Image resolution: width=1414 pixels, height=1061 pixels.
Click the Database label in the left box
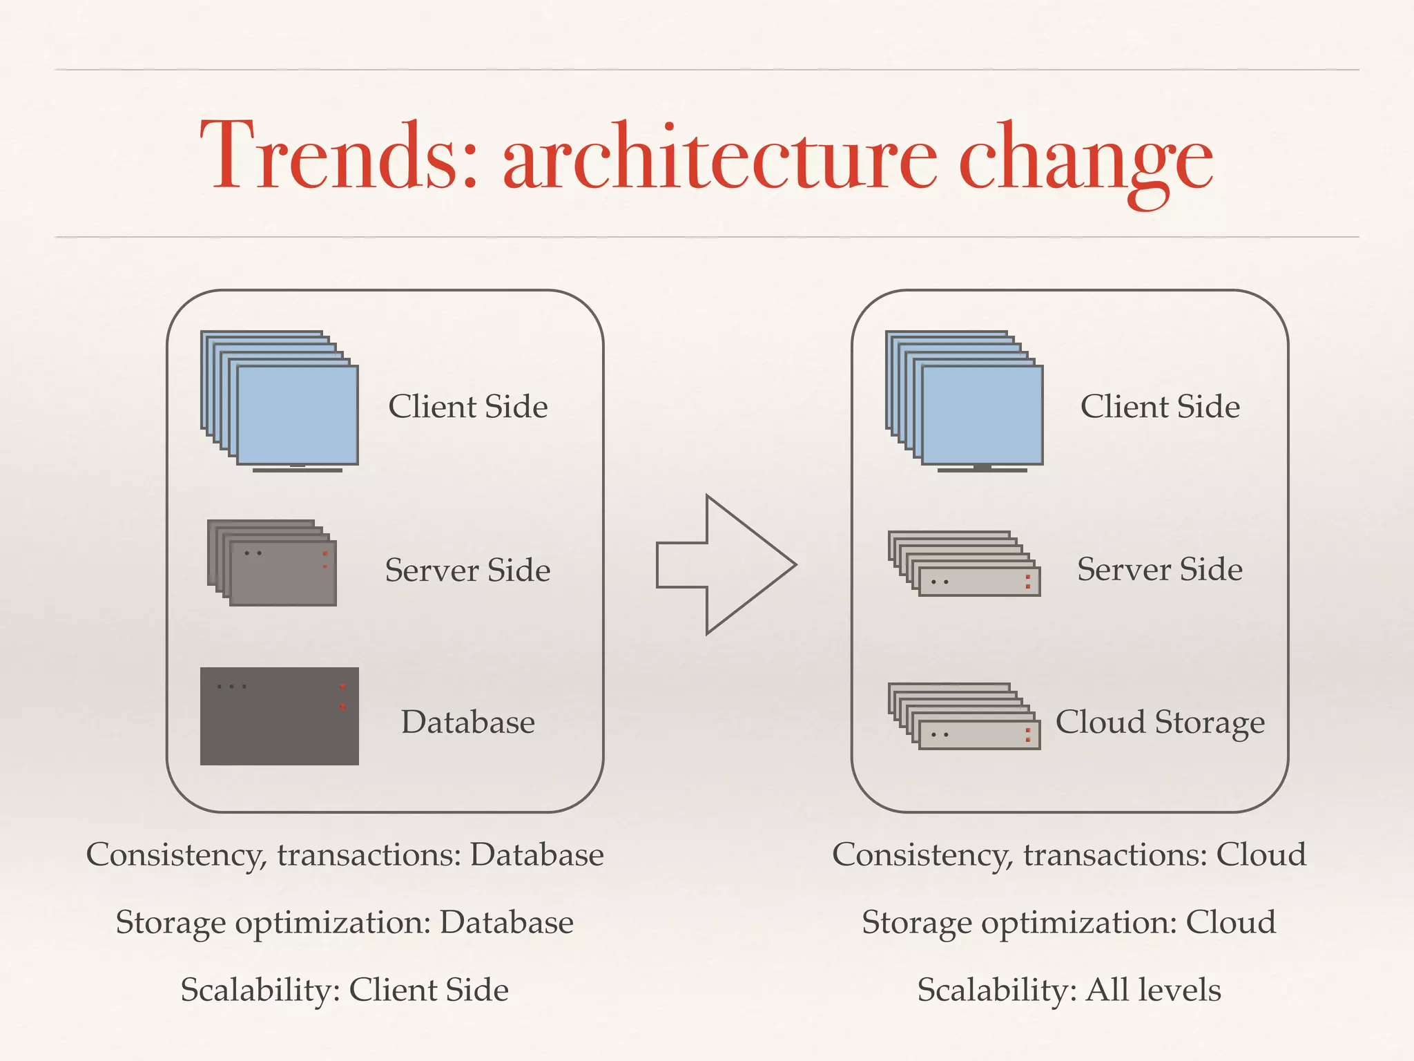[x=468, y=723]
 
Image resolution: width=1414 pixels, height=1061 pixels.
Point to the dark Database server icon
[x=279, y=716]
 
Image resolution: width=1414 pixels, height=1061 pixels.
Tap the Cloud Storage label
[x=1160, y=723]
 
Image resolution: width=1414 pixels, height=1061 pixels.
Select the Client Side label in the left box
[x=468, y=406]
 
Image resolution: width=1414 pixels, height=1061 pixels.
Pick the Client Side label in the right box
[x=1160, y=406]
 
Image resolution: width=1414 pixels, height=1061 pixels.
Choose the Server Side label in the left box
[x=468, y=571]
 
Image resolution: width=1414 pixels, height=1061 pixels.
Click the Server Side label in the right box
[x=1160, y=570]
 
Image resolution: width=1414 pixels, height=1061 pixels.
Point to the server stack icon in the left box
[x=272, y=563]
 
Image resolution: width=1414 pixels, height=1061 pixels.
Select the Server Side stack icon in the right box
[x=964, y=564]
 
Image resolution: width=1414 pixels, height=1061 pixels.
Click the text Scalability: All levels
[x=1069, y=990]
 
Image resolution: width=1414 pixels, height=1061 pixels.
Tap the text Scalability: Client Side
[x=345, y=990]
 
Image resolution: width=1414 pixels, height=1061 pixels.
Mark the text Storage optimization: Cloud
[x=1069, y=923]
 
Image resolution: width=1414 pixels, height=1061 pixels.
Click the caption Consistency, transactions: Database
[x=345, y=855]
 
